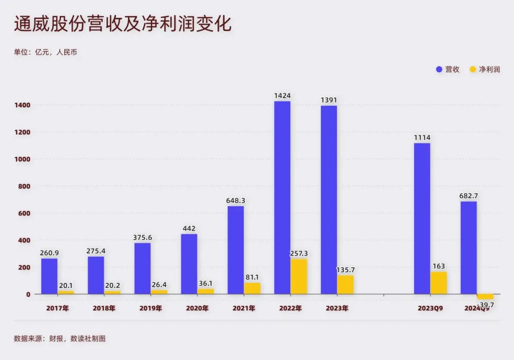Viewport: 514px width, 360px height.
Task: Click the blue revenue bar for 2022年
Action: click(282, 197)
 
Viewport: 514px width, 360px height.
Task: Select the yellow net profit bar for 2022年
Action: click(299, 276)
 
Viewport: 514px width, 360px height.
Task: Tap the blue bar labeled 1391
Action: click(329, 200)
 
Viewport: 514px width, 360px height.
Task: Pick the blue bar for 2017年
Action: click(49, 276)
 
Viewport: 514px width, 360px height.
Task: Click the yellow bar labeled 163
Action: click(439, 282)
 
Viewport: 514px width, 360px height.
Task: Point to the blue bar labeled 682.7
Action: click(469, 248)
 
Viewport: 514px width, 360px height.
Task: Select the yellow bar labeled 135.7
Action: click(346, 284)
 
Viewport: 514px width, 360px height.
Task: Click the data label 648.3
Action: click(236, 201)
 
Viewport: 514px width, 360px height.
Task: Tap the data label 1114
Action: click(422, 138)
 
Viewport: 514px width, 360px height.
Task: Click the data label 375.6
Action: click(143, 238)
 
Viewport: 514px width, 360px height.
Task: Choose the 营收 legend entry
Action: click(448, 70)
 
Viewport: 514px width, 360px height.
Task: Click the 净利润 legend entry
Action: click(485, 70)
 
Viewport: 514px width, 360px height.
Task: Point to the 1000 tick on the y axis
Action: click(23, 159)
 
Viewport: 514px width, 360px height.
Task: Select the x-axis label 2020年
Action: click(197, 308)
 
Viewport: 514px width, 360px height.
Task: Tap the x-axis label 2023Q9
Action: click(430, 308)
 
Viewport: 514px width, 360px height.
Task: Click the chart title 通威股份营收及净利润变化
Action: click(123, 24)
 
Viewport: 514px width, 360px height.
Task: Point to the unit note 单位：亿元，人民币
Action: click(45, 52)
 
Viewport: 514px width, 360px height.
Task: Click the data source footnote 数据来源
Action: click(59, 339)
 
